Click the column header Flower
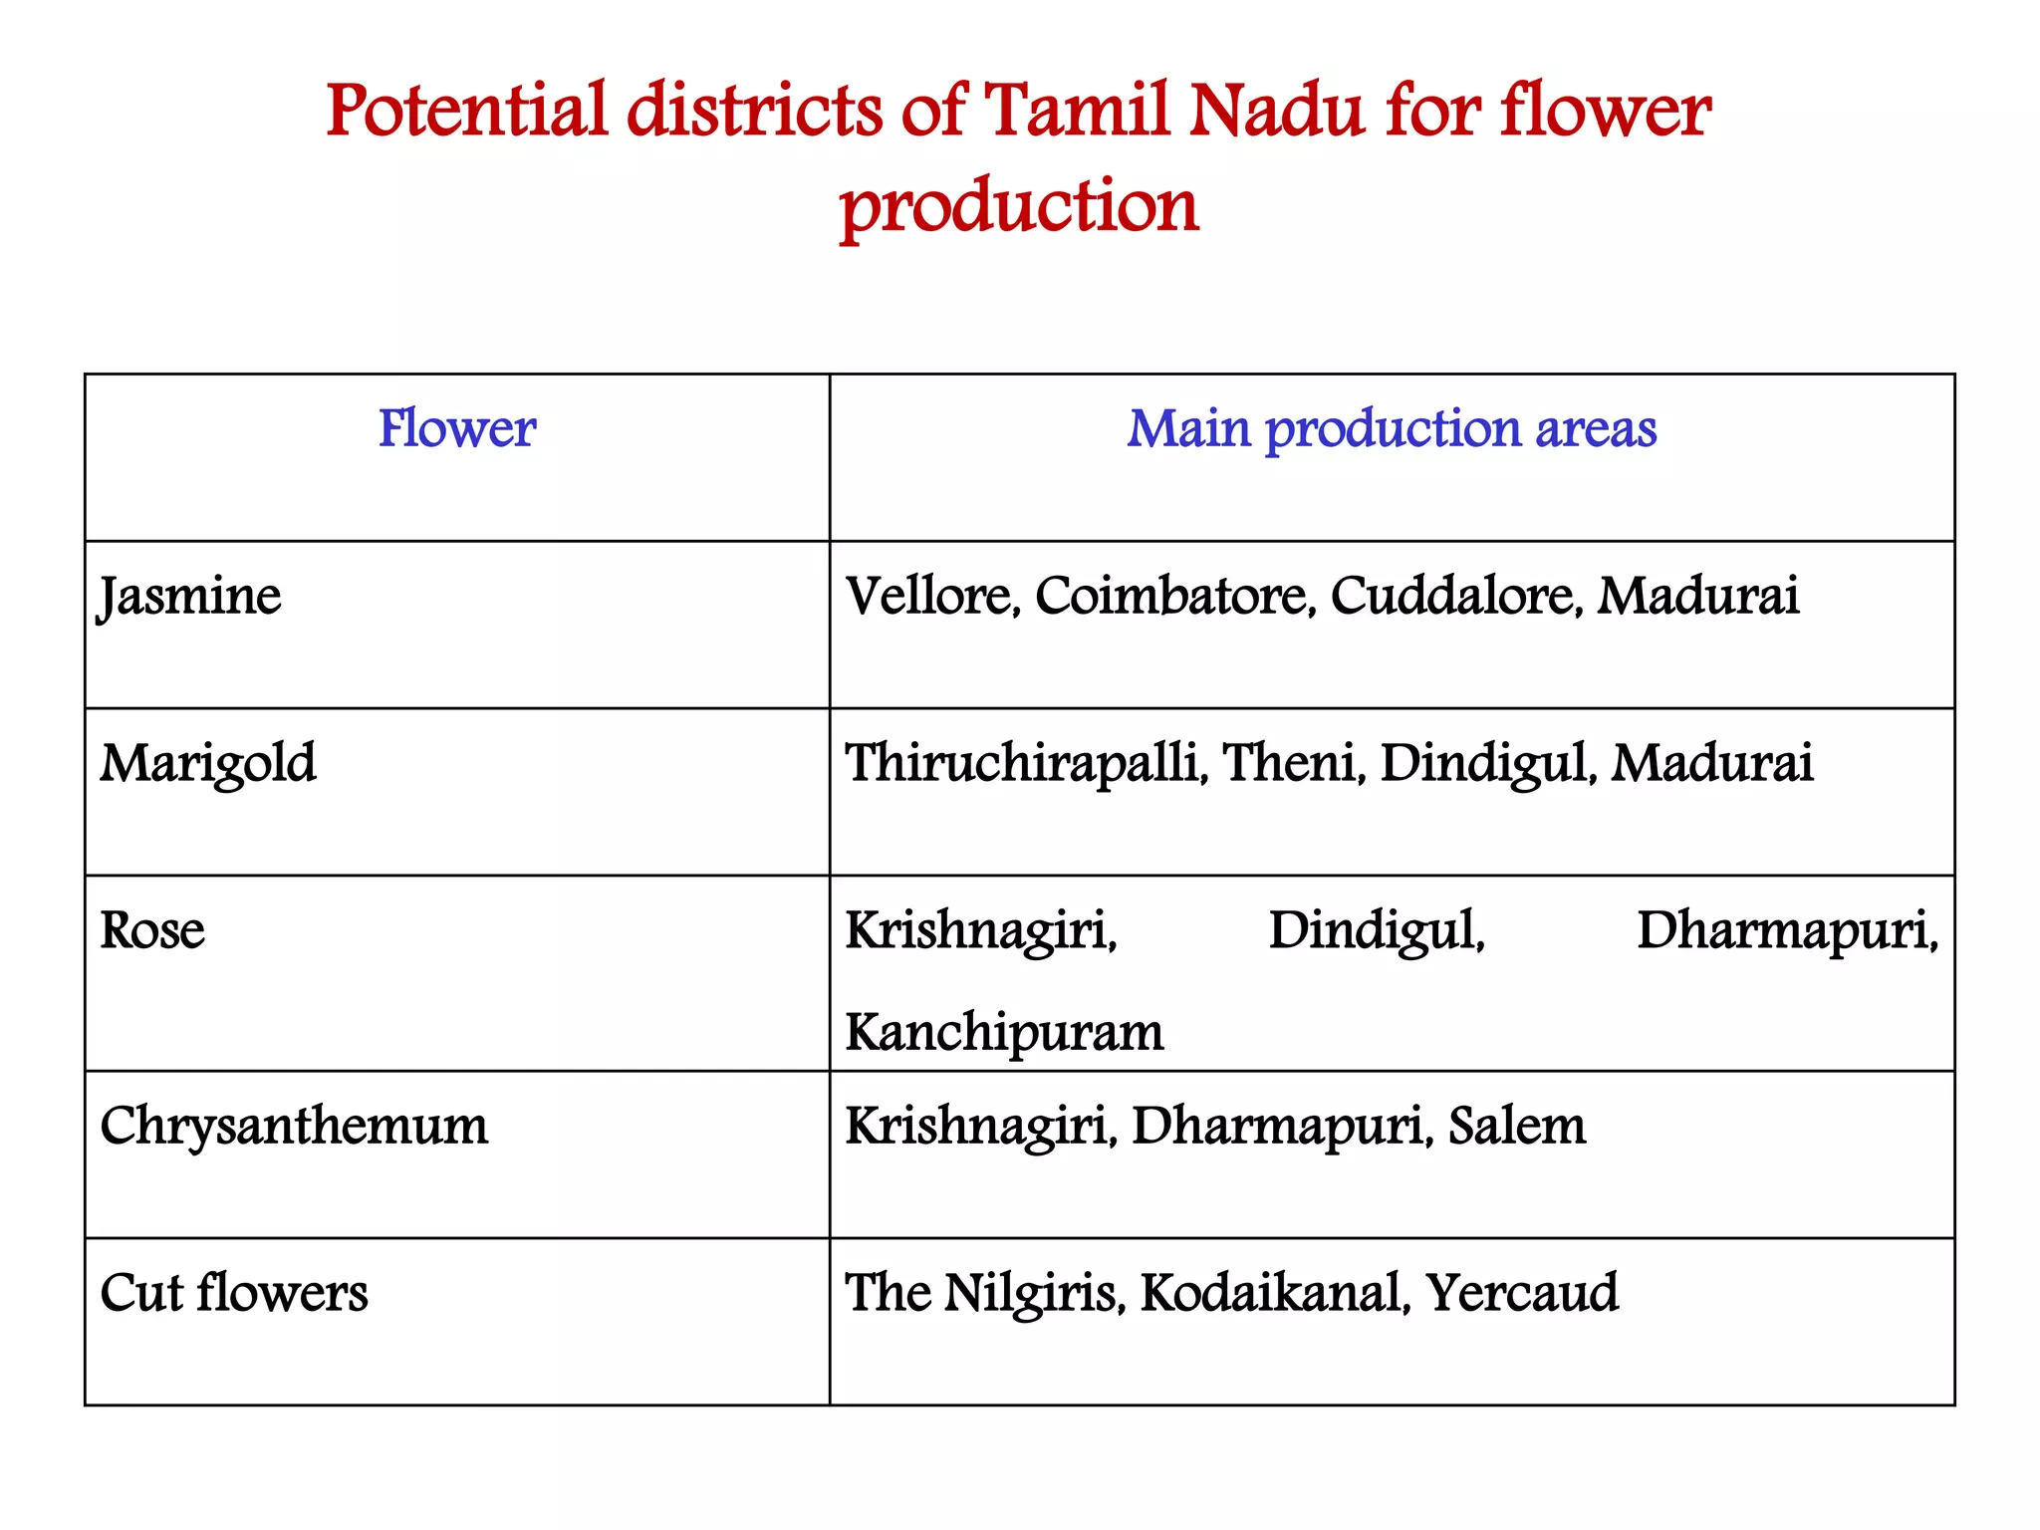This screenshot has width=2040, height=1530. click(x=456, y=429)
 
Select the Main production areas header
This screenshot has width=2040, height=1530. click(x=1391, y=429)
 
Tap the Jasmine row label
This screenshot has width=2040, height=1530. click(x=190, y=597)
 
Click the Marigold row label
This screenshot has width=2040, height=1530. click(x=208, y=764)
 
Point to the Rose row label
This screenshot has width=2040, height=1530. click(x=152, y=931)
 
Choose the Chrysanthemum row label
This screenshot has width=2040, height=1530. click(x=294, y=1127)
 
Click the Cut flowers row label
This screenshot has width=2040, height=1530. click(x=234, y=1293)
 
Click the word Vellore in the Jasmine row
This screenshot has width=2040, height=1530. click(x=931, y=597)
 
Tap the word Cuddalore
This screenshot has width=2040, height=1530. click(x=1455, y=597)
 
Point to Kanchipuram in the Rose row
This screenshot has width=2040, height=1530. click(x=1004, y=1033)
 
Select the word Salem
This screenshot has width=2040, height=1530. click(x=1516, y=1127)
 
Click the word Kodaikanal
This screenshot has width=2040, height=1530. click(x=1274, y=1293)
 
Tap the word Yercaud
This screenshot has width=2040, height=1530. click(x=1521, y=1293)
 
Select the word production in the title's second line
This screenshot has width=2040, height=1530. click(x=1019, y=206)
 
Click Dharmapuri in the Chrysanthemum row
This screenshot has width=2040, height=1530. click(x=1281, y=1127)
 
